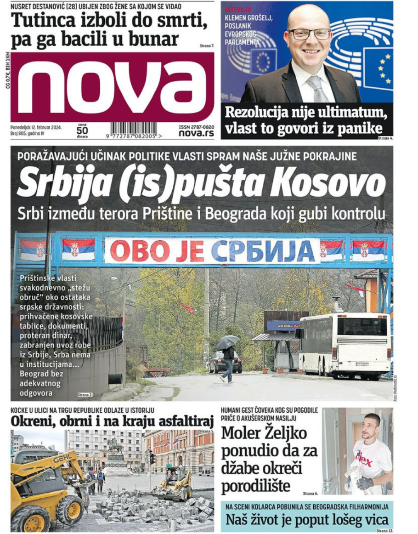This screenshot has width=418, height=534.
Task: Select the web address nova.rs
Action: click(x=196, y=133)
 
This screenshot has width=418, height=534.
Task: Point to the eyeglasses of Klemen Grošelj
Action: click(x=309, y=34)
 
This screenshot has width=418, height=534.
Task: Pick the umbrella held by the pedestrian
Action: click(x=227, y=341)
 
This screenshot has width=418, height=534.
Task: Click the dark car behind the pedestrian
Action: click(x=225, y=362)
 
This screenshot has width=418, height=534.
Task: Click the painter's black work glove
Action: click(x=365, y=483)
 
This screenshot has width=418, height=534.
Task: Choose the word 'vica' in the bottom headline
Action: click(x=374, y=521)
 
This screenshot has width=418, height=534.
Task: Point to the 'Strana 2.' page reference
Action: click(x=85, y=394)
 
